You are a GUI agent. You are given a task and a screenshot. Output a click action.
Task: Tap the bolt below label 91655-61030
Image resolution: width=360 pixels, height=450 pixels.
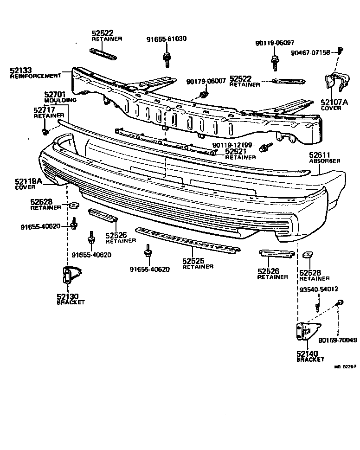click(166, 59)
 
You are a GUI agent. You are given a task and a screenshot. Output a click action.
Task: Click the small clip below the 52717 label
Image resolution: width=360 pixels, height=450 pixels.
click(45, 132)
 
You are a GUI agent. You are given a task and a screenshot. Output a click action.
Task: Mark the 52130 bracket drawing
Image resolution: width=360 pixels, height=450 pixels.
click(68, 277)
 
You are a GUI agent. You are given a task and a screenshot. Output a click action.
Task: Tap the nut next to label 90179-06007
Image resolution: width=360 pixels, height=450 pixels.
click(203, 96)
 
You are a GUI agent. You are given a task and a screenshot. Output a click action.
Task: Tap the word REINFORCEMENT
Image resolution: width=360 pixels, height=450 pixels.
click(35, 76)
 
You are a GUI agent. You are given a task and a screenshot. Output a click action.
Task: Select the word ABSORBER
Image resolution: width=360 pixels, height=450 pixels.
click(325, 161)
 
